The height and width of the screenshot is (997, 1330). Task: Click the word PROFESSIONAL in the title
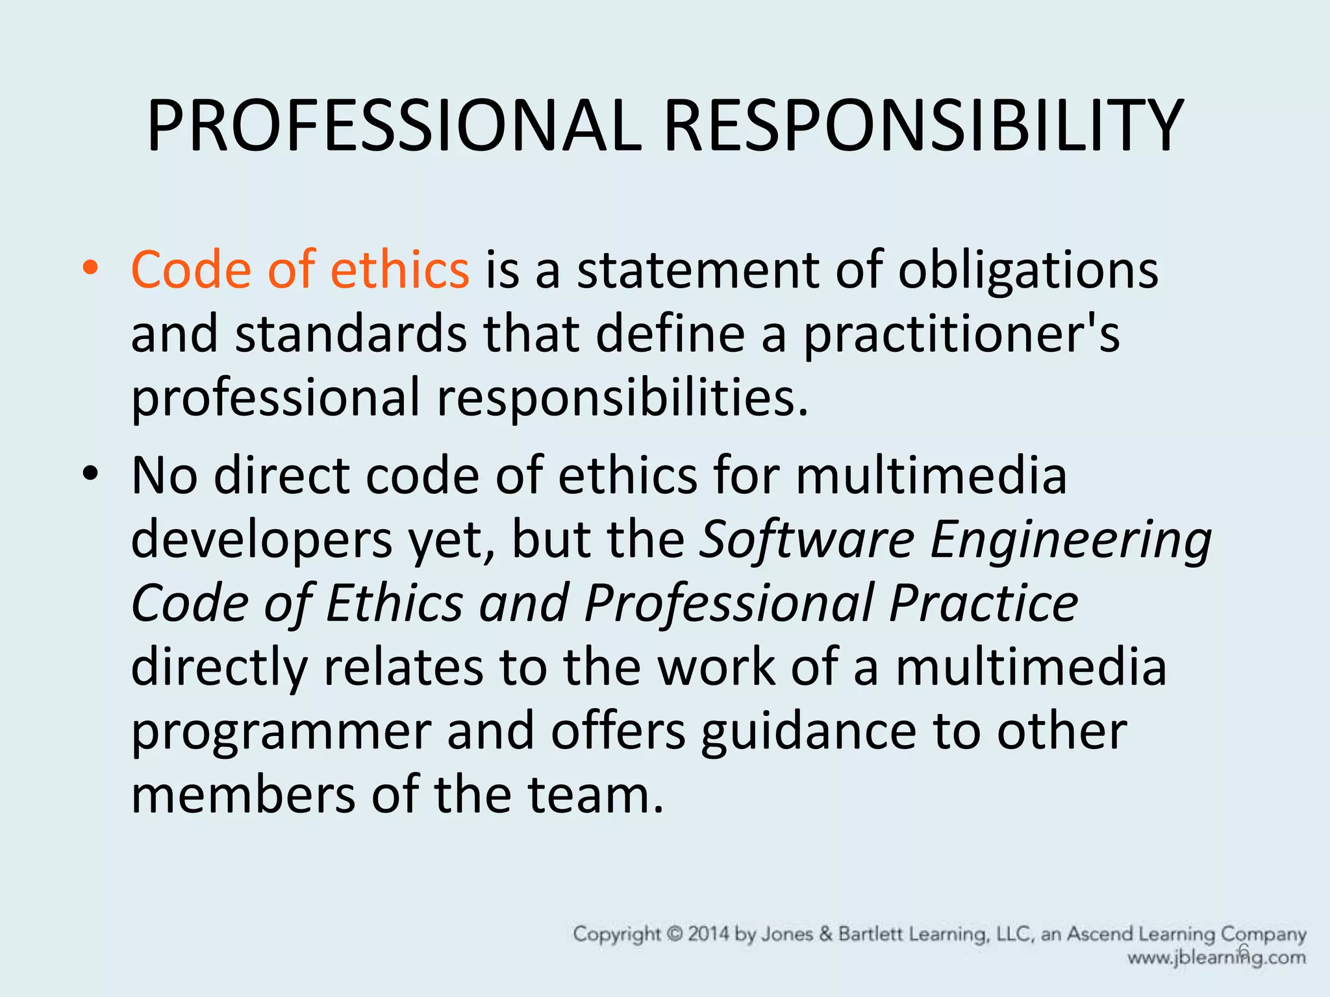394,126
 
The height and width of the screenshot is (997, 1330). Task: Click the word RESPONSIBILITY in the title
923,126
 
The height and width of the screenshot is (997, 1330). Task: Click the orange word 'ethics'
399,269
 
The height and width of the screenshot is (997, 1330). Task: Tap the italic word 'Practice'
984,603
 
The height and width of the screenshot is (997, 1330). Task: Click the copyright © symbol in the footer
675,934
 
